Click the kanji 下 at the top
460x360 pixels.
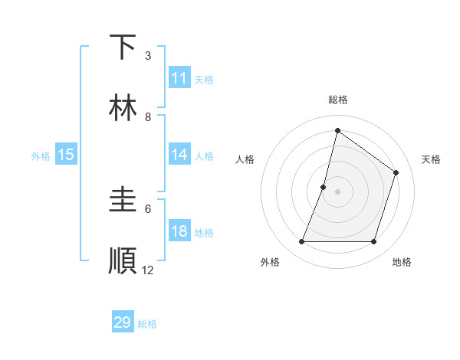pyautogui.click(x=123, y=47)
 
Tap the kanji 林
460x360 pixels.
pyautogui.click(x=123, y=108)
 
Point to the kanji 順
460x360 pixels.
pyautogui.click(x=123, y=260)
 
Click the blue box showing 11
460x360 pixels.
pyautogui.click(x=179, y=78)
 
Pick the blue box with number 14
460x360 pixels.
pyautogui.click(x=179, y=155)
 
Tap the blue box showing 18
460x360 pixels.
pyautogui.click(x=179, y=232)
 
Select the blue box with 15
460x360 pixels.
pyautogui.click(x=66, y=155)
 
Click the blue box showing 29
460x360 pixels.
pyautogui.click(x=123, y=322)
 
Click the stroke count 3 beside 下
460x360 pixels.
pyautogui.click(x=148, y=56)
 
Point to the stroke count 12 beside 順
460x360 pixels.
pyautogui.click(x=148, y=270)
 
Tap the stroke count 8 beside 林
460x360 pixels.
pyautogui.click(x=148, y=117)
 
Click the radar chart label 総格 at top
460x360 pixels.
pyautogui.click(x=337, y=100)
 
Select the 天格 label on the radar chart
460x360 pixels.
pyautogui.click(x=431, y=159)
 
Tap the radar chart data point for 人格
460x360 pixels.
pyautogui.click(x=324, y=187)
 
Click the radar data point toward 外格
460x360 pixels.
pyautogui.click(x=301, y=242)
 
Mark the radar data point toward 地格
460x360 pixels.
pyautogui.click(x=373, y=242)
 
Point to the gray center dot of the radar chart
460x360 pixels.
pyautogui.click(x=337, y=191)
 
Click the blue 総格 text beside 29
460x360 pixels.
pyautogui.click(x=147, y=324)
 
